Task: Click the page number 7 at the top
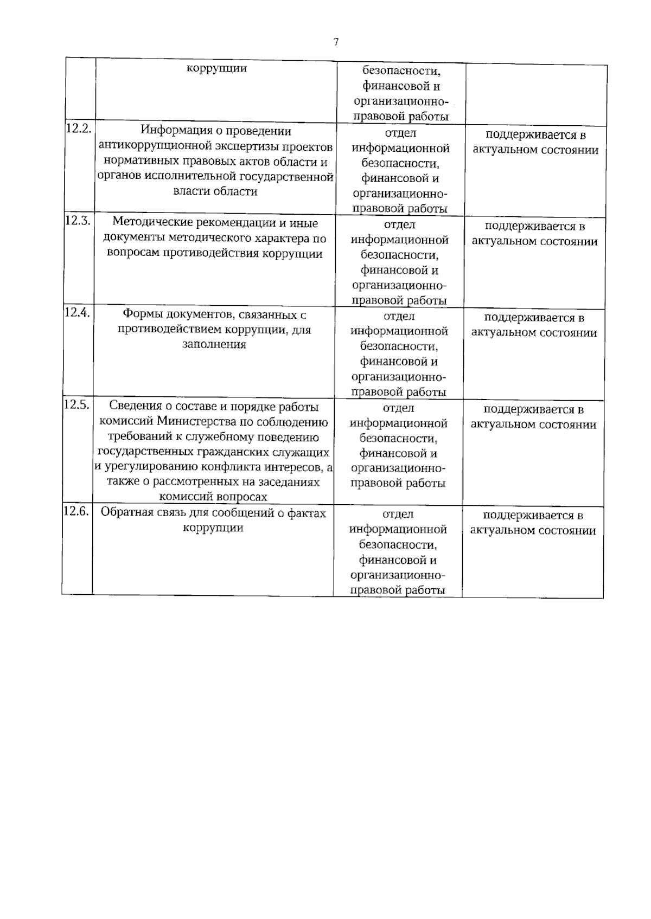(x=336, y=42)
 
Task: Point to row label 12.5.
(x=76, y=404)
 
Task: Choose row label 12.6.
(x=76, y=511)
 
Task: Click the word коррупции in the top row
(x=216, y=68)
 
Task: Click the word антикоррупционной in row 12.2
(x=152, y=146)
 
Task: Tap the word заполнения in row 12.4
(x=214, y=345)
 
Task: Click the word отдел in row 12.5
(x=398, y=408)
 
